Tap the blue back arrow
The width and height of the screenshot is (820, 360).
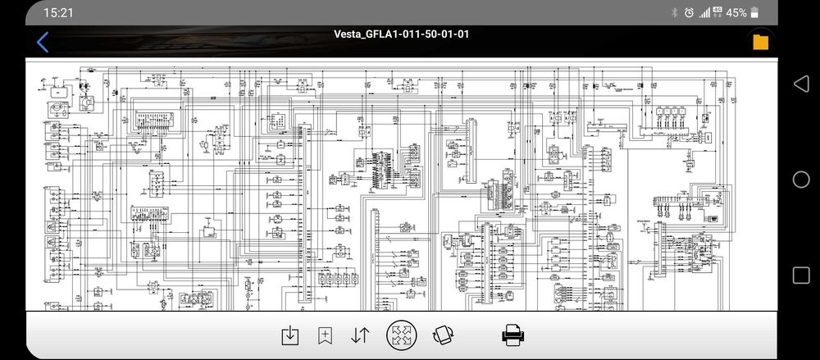[x=43, y=42]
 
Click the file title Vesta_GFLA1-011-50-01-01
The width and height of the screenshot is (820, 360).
[x=402, y=34]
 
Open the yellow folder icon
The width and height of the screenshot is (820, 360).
[x=760, y=42]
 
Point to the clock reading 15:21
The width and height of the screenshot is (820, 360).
[x=59, y=12]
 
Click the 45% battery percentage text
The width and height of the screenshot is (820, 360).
[x=736, y=13]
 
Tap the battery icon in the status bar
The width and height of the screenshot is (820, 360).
[x=754, y=13]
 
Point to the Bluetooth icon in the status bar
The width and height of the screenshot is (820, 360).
[x=674, y=13]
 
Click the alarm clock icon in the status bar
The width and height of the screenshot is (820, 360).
[x=689, y=13]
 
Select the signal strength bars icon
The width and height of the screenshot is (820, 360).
[x=704, y=13]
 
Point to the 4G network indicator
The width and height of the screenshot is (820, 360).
[x=717, y=12]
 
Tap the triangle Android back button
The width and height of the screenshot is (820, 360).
[x=800, y=84]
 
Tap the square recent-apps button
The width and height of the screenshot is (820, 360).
[x=800, y=275]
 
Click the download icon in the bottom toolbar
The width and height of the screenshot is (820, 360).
[x=289, y=335]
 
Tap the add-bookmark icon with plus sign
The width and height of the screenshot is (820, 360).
[x=325, y=335]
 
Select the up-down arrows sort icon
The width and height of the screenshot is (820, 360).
[x=360, y=335]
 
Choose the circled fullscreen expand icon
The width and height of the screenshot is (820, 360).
[x=402, y=335]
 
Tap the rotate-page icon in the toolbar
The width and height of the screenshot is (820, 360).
[x=444, y=335]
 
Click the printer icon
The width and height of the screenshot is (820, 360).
[x=513, y=335]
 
